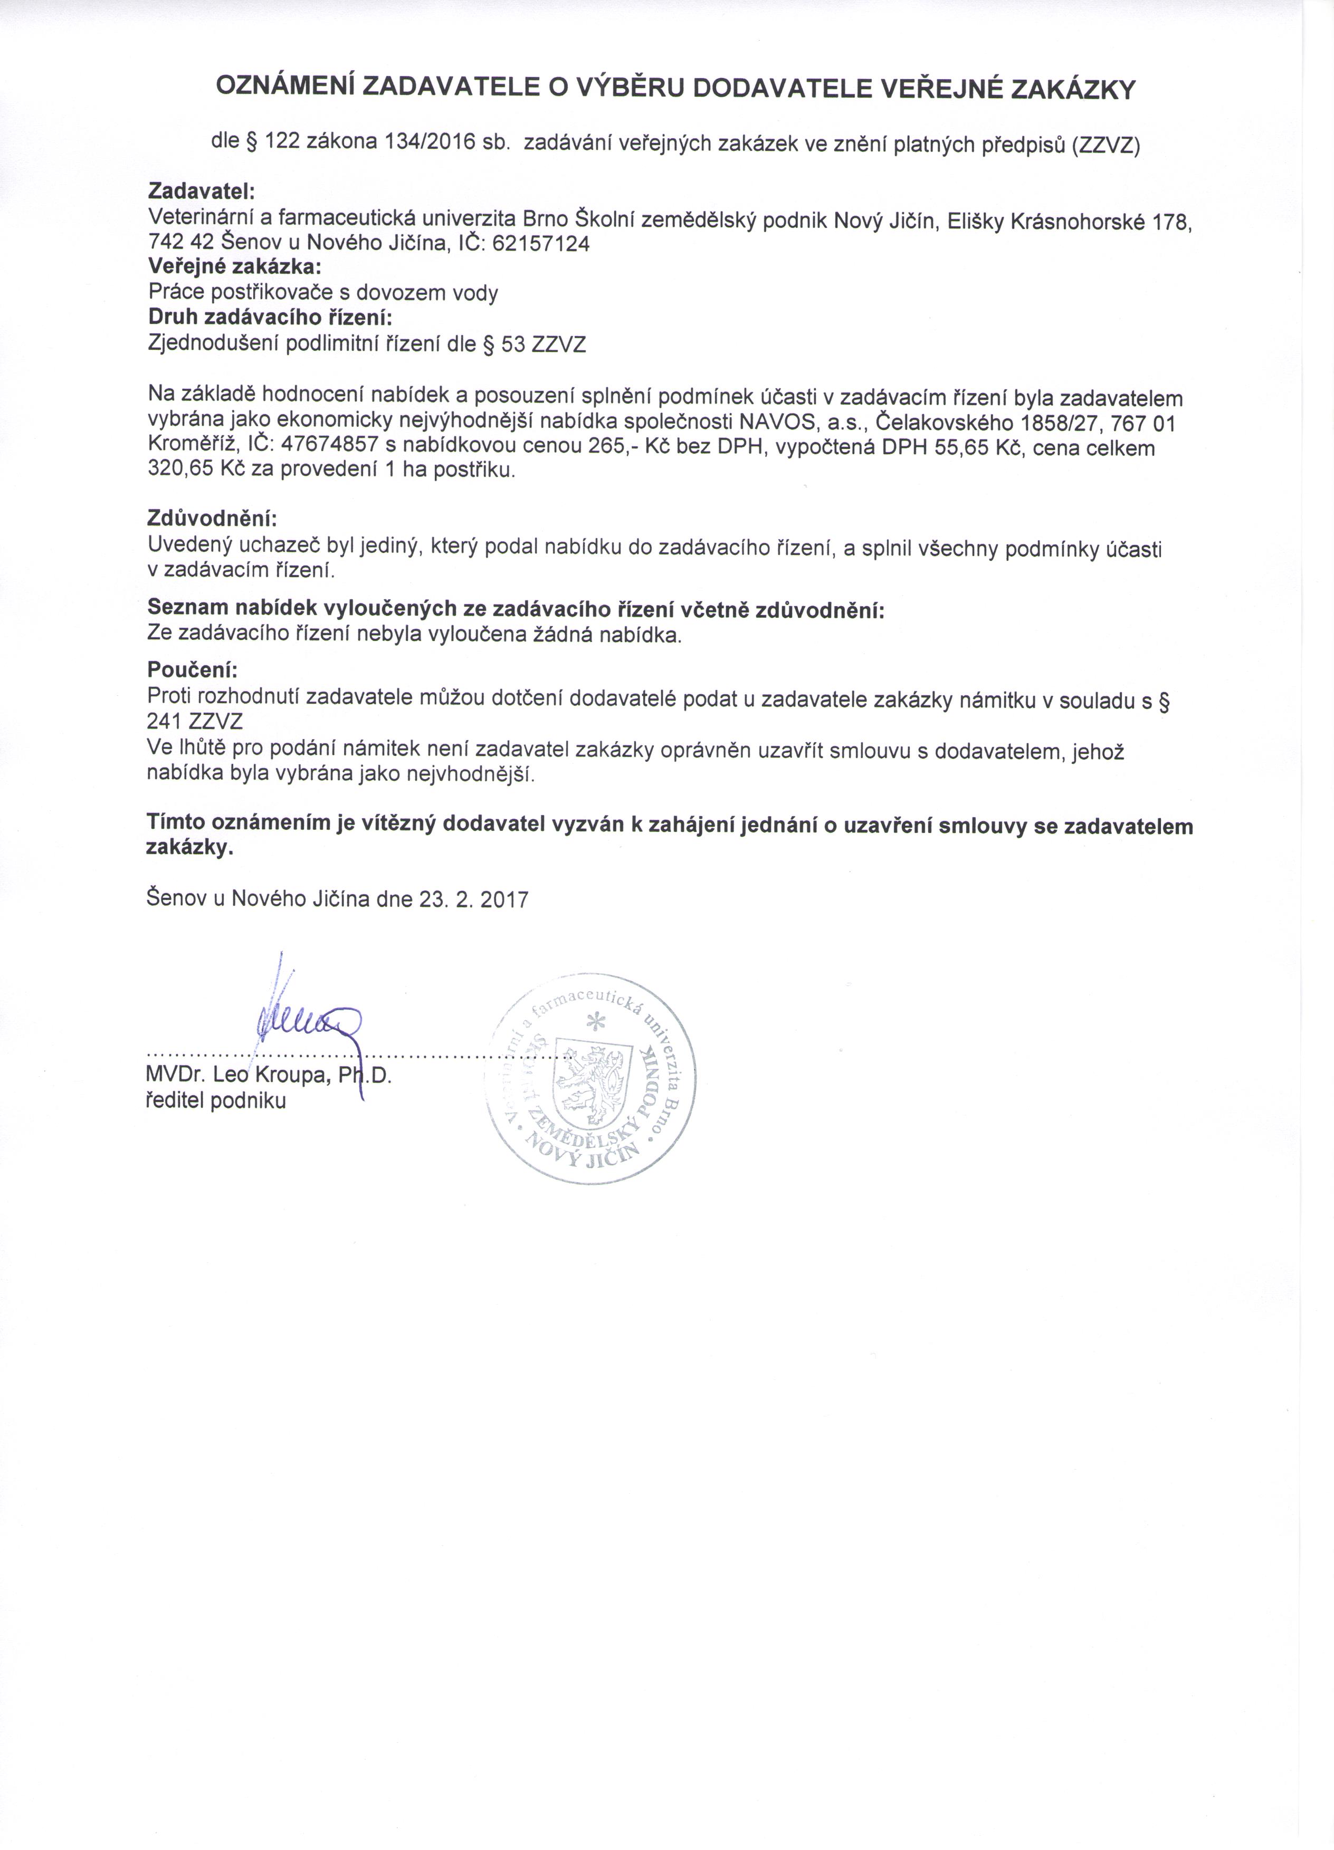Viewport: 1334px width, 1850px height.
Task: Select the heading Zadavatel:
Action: click(x=202, y=191)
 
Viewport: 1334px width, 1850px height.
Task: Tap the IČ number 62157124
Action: click(x=541, y=243)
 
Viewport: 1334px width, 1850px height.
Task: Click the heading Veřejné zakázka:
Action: click(x=234, y=267)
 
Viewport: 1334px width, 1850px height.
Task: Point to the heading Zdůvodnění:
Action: click(x=212, y=518)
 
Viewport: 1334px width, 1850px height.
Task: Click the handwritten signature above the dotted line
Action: click(x=306, y=1020)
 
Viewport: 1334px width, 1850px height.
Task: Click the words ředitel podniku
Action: click(x=216, y=1100)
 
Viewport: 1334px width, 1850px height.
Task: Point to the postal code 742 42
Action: click(x=180, y=243)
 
